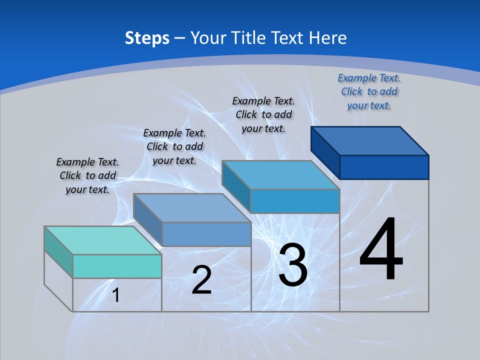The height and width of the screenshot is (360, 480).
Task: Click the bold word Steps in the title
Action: click(x=147, y=38)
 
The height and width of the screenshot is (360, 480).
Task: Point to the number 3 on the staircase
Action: click(x=293, y=265)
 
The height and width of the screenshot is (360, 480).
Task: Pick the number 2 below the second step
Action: click(x=201, y=280)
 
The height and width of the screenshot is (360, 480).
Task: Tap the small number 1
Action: click(x=115, y=295)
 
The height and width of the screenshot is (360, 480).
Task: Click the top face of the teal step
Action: click(x=102, y=240)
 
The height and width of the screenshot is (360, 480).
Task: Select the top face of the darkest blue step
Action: click(x=370, y=140)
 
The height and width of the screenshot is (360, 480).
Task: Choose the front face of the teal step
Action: click(x=117, y=266)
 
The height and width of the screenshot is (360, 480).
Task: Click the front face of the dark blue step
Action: click(x=384, y=167)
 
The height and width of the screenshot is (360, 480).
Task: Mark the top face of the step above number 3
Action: click(x=280, y=175)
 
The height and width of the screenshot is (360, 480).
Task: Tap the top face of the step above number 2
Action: click(x=192, y=208)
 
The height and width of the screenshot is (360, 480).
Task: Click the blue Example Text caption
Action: click(x=369, y=91)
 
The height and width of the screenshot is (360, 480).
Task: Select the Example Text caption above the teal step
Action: click(x=87, y=175)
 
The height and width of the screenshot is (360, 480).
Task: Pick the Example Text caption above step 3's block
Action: click(x=263, y=114)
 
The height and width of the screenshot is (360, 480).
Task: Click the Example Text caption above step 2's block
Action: click(x=174, y=146)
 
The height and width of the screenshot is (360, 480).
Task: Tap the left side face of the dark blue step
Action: click(x=325, y=152)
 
